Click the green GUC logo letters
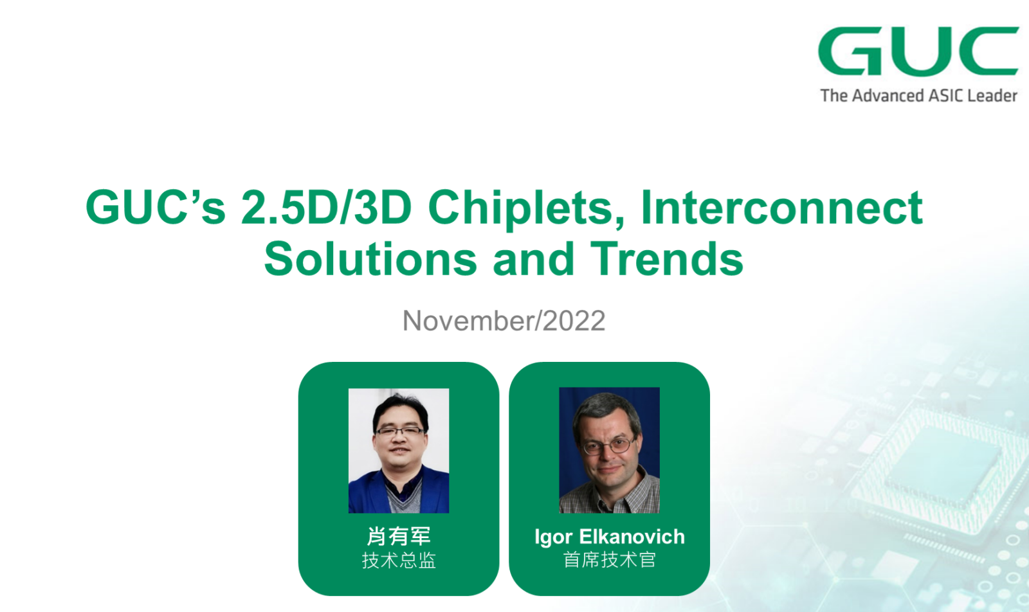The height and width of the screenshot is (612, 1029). [x=918, y=51]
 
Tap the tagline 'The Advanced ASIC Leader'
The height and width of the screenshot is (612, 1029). [x=919, y=96]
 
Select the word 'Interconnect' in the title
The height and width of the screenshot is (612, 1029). [x=781, y=208]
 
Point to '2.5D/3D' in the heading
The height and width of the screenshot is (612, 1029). [x=326, y=208]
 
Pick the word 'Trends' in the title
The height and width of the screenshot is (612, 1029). [x=666, y=259]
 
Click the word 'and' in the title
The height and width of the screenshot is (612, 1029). [x=533, y=259]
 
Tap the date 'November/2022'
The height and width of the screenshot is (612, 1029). [x=504, y=320]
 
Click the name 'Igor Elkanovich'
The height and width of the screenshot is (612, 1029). [x=609, y=536]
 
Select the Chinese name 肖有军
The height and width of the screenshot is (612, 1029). [x=398, y=535]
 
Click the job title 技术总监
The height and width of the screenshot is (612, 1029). [x=398, y=560]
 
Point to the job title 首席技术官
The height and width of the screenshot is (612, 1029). [x=609, y=560]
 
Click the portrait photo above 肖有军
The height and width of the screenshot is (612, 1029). [x=399, y=451]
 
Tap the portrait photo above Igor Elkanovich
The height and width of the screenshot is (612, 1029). [x=609, y=450]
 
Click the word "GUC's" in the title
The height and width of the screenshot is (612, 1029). [x=155, y=208]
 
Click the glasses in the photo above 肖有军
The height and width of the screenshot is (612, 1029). [x=399, y=431]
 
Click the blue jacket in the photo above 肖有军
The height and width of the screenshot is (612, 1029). [x=367, y=494]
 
